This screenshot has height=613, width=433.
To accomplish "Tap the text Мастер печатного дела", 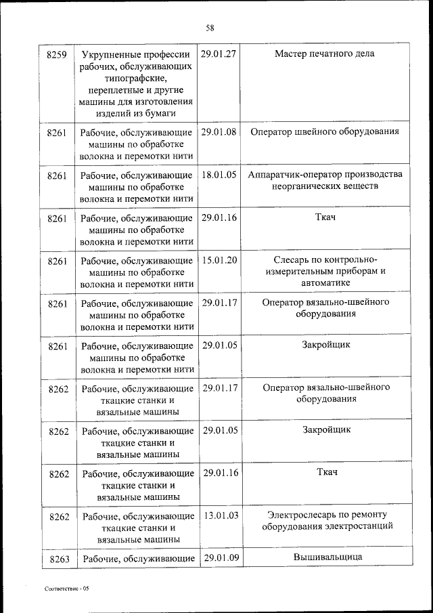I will pyautogui.click(x=325, y=54).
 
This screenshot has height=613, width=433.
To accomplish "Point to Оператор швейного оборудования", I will pyautogui.click(x=325, y=132).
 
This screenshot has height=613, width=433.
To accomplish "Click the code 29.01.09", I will pyautogui.click(x=221, y=558).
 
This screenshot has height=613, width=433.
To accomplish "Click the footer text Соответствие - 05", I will pyautogui.click(x=66, y=589).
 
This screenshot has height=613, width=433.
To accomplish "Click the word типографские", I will pyautogui.click(x=137, y=78).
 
